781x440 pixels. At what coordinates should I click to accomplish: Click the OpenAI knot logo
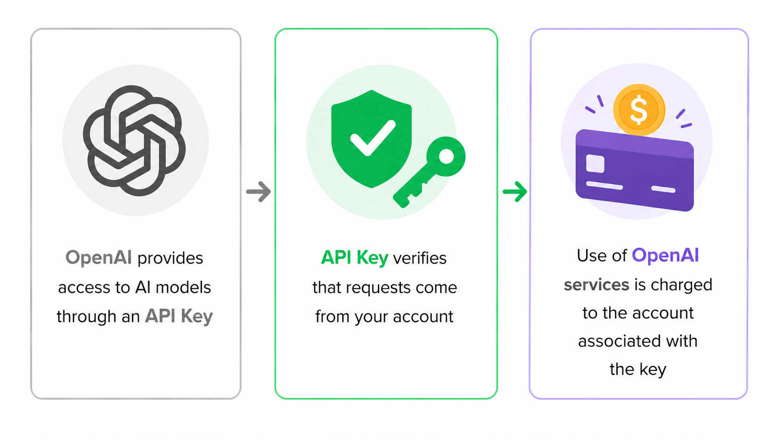pyautogui.click(x=135, y=141)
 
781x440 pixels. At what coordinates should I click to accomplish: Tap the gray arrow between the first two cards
pyautogui.click(x=258, y=191)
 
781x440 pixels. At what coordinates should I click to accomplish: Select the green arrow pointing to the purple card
pyautogui.click(x=515, y=191)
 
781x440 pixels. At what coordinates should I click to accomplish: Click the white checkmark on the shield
pyautogui.click(x=373, y=138)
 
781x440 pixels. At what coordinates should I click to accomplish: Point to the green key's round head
pyautogui.click(x=446, y=156)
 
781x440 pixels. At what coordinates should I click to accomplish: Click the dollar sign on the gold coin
pyautogui.click(x=639, y=110)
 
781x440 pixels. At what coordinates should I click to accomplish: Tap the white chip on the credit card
pyautogui.click(x=595, y=164)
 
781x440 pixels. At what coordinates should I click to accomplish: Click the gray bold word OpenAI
pyautogui.click(x=99, y=258)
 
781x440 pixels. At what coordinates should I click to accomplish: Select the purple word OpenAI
pyautogui.click(x=665, y=255)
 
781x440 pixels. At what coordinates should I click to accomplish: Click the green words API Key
pyautogui.click(x=354, y=258)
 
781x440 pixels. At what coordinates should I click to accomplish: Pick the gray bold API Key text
pyautogui.click(x=179, y=317)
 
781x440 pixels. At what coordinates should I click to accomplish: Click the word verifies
pyautogui.click(x=420, y=258)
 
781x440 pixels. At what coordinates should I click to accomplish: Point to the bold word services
pyautogui.click(x=596, y=285)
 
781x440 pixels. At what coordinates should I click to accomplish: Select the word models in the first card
pyautogui.click(x=183, y=288)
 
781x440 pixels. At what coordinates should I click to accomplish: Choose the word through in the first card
pyautogui.click(x=86, y=317)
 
